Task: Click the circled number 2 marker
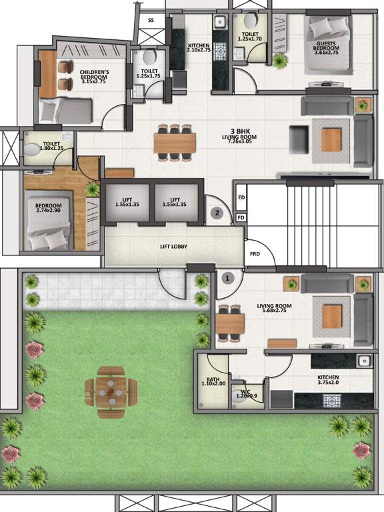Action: (x=216, y=213)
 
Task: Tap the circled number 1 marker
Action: (x=227, y=277)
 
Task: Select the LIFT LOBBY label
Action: (x=173, y=247)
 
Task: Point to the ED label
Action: (x=241, y=197)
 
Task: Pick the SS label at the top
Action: (x=151, y=21)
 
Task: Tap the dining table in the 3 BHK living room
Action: (x=175, y=143)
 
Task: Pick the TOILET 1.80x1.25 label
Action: (x=51, y=145)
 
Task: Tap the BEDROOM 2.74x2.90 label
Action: (x=49, y=208)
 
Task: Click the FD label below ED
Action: (x=241, y=217)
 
